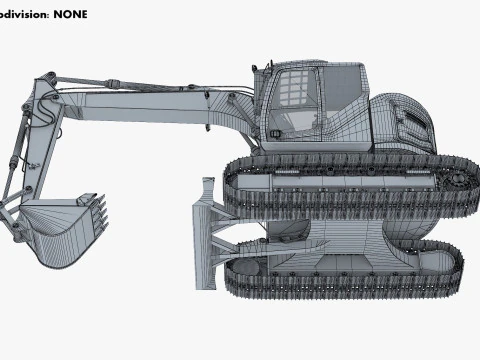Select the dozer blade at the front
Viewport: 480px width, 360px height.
pos(204,236)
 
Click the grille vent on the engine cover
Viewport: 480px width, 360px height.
pos(412,129)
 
